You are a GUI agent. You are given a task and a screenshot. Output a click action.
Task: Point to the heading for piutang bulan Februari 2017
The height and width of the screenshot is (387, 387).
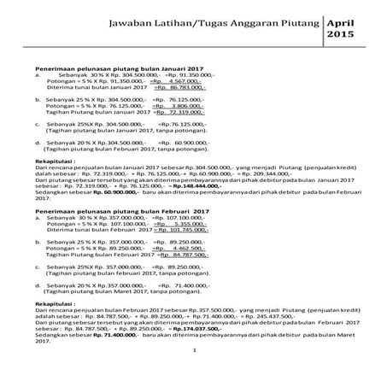tap(117, 210)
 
